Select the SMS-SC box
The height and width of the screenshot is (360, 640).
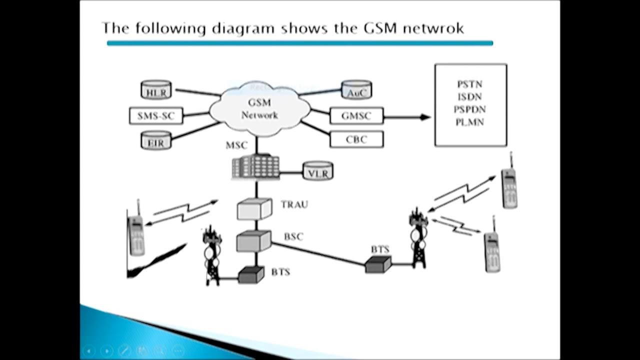pos(156,116)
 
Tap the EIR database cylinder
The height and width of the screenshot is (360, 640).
pos(156,140)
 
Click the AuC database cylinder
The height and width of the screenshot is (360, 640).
pos(356,90)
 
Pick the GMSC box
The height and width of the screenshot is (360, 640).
pos(356,116)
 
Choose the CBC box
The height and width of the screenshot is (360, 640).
pos(356,139)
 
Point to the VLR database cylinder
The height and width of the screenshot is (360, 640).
pos(318,171)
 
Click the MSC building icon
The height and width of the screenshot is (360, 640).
pos(255,166)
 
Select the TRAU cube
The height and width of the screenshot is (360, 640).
pos(254,209)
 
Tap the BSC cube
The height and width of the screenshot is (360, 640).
pos(254,241)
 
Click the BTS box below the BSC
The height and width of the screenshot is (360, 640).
pos(250,274)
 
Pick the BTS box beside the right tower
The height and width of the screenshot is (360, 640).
pos(378,263)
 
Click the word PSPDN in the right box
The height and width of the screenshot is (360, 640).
pos(470,109)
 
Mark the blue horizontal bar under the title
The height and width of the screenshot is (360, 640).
pos(300,43)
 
